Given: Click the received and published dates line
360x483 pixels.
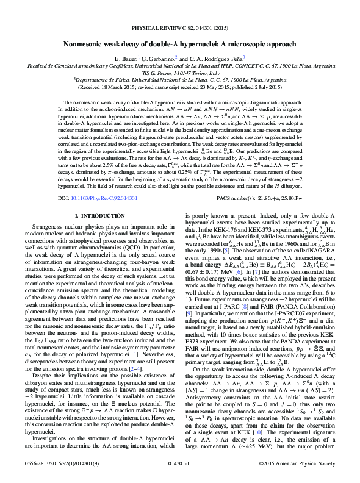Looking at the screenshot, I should tap(180, 86).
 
